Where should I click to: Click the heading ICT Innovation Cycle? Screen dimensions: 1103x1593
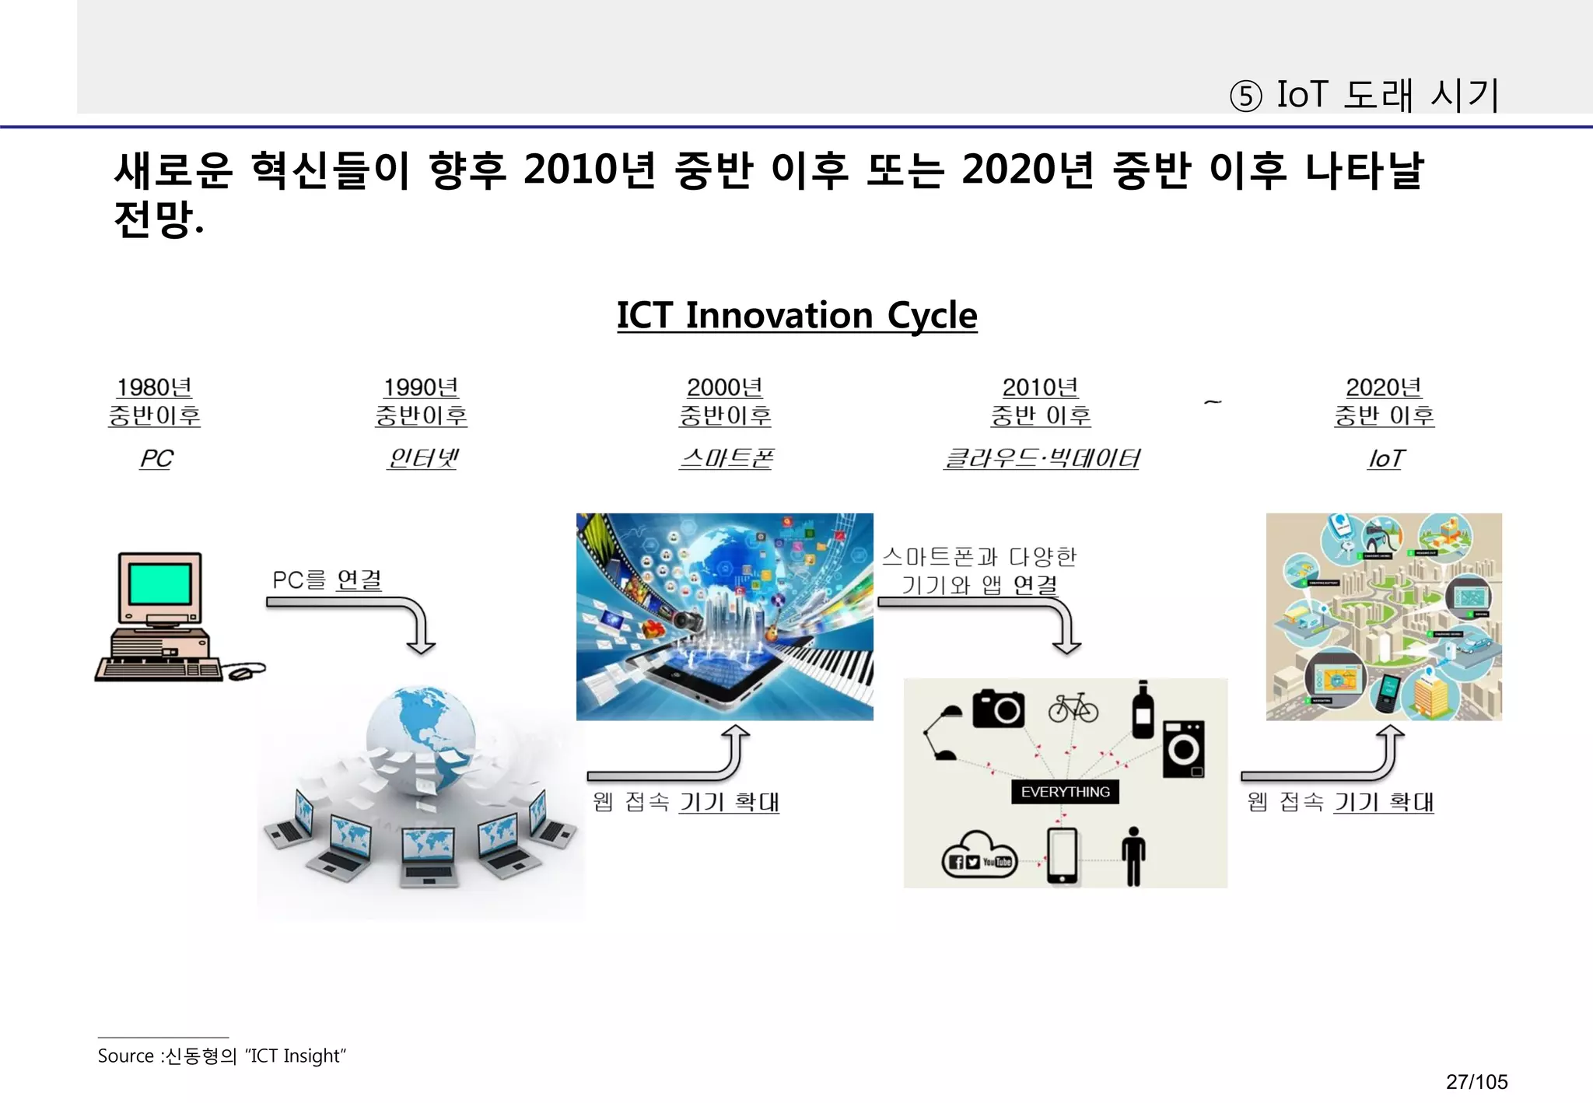[796, 316]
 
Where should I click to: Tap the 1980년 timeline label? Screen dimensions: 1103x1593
[154, 387]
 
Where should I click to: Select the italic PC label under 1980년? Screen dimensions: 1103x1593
[156, 458]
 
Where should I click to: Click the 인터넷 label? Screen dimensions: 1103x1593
[422, 458]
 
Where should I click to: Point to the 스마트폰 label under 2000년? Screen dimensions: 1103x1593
[726, 458]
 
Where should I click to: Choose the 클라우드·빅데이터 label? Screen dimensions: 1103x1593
[1041, 458]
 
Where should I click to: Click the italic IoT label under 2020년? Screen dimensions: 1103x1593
[1385, 458]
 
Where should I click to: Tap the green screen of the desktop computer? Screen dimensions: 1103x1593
[159, 583]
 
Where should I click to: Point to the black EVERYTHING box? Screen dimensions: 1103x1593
[1065, 792]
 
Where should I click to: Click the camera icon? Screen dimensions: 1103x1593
[999, 708]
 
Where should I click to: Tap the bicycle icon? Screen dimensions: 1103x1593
[1073, 708]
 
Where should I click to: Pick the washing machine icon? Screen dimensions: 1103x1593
[1183, 748]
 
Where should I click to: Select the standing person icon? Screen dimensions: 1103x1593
[1134, 856]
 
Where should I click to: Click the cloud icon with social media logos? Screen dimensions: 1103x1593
[979, 856]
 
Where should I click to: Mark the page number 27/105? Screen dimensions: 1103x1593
[1476, 1082]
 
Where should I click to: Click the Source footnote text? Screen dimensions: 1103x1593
[222, 1056]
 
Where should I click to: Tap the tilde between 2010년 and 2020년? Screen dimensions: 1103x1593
[1212, 402]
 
